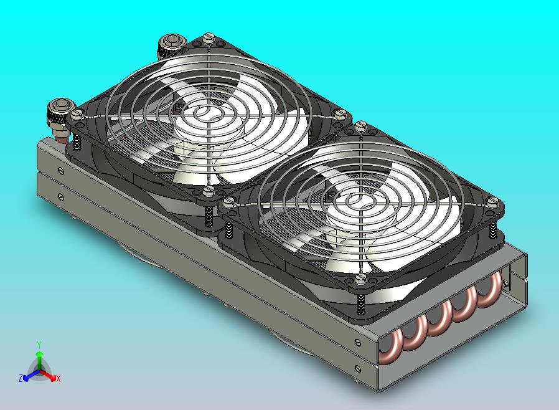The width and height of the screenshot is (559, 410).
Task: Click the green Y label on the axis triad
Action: tap(39, 345)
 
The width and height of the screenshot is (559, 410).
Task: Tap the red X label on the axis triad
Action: tap(58, 378)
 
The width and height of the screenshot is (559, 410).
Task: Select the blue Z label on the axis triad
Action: tap(21, 378)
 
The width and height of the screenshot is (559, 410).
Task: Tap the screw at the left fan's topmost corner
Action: tap(208, 37)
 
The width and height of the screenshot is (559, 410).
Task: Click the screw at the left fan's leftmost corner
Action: tap(77, 114)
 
